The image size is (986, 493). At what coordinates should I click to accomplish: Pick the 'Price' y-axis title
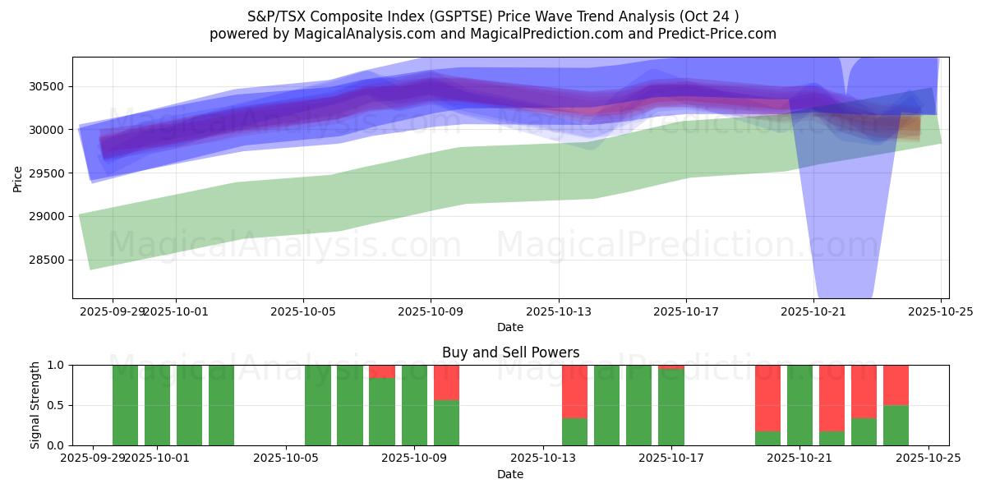[18, 177]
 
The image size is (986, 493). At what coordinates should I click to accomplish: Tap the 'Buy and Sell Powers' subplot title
[510, 352]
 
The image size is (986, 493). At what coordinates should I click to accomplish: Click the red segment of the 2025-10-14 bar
[574, 391]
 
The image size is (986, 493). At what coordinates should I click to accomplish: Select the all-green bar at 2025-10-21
[799, 405]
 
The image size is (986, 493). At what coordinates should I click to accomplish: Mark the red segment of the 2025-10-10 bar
[446, 382]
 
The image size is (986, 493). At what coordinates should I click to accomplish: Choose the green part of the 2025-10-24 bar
[896, 426]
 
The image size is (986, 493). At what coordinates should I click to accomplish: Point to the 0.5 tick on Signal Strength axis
[58, 405]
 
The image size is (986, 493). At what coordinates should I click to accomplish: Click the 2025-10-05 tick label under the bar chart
[286, 458]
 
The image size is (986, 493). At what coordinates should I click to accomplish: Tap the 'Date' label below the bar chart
[510, 474]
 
